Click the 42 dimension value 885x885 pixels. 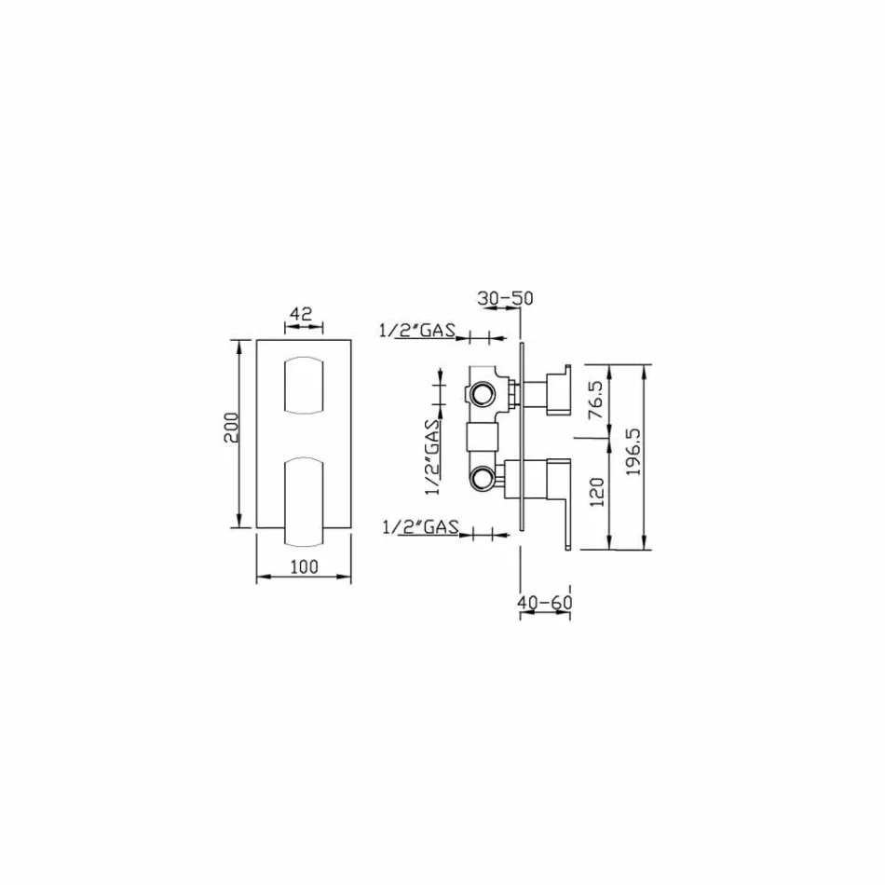tap(300, 314)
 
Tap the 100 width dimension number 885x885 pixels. tap(304, 565)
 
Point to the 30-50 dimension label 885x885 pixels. tap(505, 298)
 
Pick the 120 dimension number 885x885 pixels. tap(597, 492)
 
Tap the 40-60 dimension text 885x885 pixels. tap(544, 603)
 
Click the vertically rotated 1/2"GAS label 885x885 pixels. tap(431, 454)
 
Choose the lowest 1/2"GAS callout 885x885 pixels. tap(420, 527)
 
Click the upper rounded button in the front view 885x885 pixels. tap(303, 384)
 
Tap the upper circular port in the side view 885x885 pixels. tap(483, 394)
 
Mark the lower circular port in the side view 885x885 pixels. tap(483, 480)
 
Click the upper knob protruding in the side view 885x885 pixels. tap(555, 392)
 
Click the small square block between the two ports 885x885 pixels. tap(481, 435)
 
